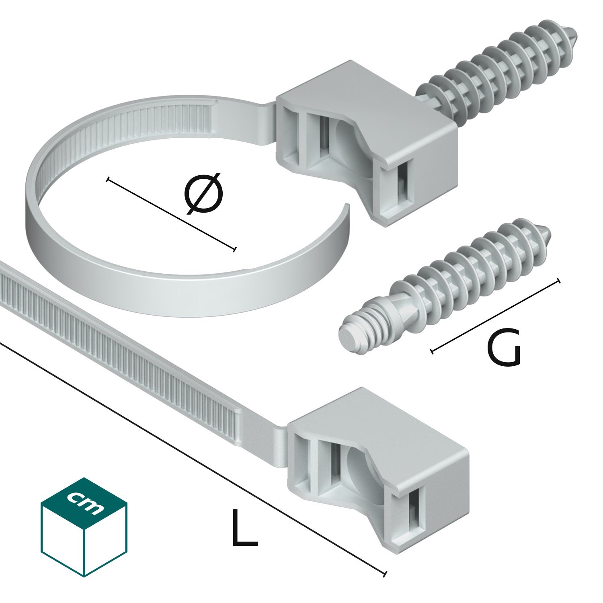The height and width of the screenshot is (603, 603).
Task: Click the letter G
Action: pos(503,348)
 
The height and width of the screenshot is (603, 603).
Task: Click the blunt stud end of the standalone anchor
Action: pos(348,332)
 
